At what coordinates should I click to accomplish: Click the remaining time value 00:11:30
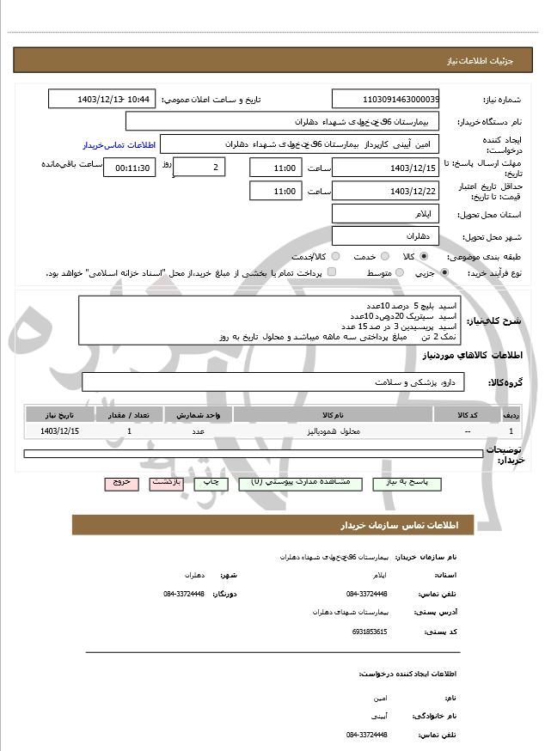(x=130, y=168)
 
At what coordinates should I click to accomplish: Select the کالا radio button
(x=423, y=256)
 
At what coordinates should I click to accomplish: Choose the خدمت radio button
(x=383, y=256)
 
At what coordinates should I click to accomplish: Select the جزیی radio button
(x=444, y=272)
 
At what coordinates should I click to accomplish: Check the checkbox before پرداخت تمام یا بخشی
(x=332, y=272)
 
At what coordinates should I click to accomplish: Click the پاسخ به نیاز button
(x=407, y=483)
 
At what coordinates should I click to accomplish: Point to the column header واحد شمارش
(x=198, y=415)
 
